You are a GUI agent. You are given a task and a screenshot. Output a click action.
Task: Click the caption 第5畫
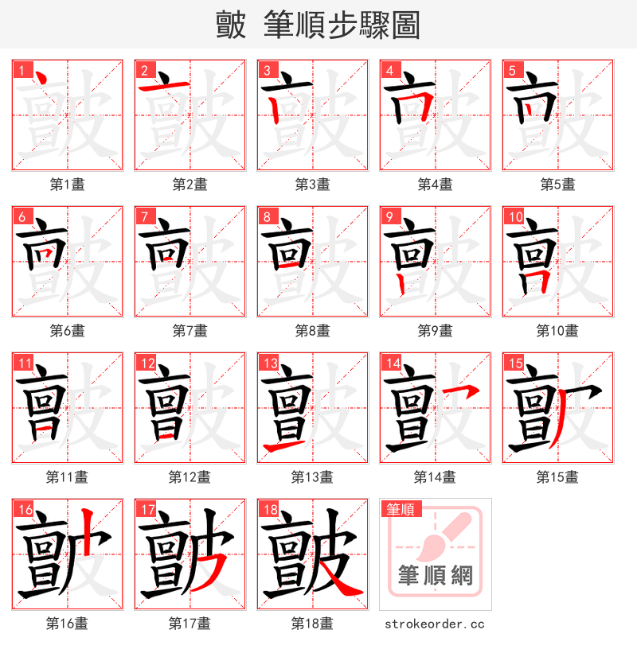point(557,185)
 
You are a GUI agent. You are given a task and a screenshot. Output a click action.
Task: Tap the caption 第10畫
point(557,331)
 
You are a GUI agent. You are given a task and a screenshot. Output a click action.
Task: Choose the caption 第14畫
point(435,477)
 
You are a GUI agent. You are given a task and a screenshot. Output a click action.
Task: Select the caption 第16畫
point(67,624)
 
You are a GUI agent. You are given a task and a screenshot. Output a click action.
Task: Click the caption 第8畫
point(312,331)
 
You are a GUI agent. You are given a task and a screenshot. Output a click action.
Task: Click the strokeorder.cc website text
point(435,624)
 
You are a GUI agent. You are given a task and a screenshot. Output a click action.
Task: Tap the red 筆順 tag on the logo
point(402,509)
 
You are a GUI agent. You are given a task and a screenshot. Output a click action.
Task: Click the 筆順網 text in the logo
point(435,574)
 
